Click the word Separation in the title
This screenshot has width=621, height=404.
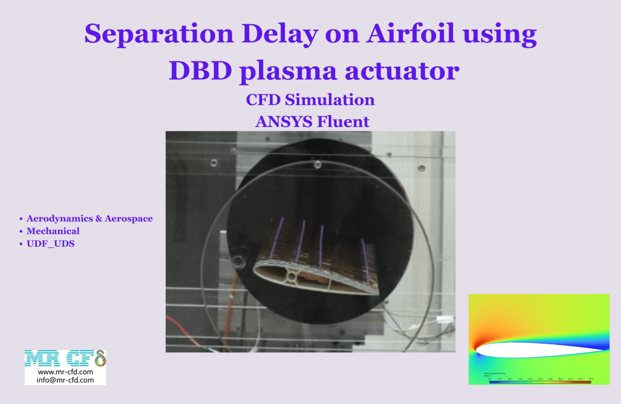[x=159, y=34]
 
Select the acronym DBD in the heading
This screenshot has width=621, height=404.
[x=200, y=71]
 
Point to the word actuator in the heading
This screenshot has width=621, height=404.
[x=402, y=71]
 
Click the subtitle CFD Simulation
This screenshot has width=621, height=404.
[x=310, y=100]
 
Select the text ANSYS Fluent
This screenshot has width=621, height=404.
[x=312, y=121]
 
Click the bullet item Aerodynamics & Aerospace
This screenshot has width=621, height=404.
[x=89, y=219]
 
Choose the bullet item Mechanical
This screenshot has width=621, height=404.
[x=53, y=231]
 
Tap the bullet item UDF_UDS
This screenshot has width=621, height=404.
[x=51, y=244]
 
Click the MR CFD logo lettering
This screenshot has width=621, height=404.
[x=65, y=359]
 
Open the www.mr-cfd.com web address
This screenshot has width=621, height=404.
[x=65, y=372]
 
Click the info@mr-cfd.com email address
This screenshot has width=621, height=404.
[x=65, y=380]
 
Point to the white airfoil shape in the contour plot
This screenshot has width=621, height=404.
[x=534, y=349]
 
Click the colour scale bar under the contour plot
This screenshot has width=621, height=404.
[x=540, y=382]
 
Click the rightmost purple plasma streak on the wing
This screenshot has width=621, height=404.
[x=365, y=259]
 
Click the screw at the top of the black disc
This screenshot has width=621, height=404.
[x=318, y=164]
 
